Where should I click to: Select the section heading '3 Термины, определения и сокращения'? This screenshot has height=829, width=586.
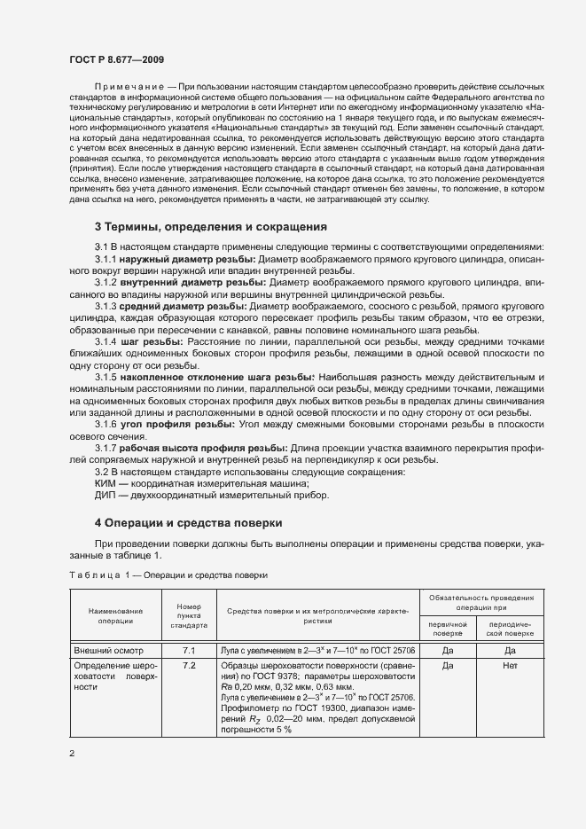pos(211,226)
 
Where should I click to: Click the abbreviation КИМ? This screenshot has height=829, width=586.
pos(107,484)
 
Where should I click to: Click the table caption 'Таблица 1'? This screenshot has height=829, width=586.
pos(97,575)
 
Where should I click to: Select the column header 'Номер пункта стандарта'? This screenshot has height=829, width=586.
pos(189,617)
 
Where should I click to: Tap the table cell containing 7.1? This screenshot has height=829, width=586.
pos(189,651)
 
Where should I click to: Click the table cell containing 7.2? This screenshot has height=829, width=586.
pos(189,665)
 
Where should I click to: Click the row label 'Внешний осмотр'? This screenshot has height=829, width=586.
pos(107,651)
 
